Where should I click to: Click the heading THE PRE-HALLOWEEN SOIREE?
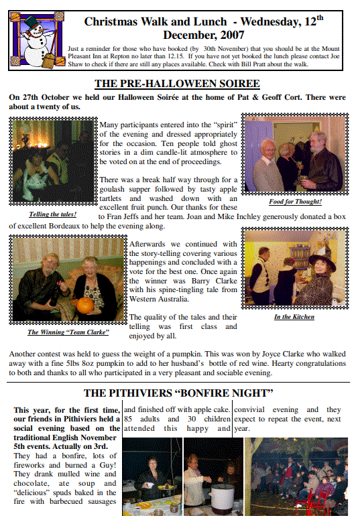[177, 84]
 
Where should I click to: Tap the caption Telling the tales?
[53, 214]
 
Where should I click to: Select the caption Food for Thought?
[295, 201]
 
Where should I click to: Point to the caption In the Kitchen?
[294, 316]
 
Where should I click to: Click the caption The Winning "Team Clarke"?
[68, 332]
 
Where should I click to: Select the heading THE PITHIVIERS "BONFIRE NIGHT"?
[178, 392]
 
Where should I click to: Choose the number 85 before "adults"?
[129, 419]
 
